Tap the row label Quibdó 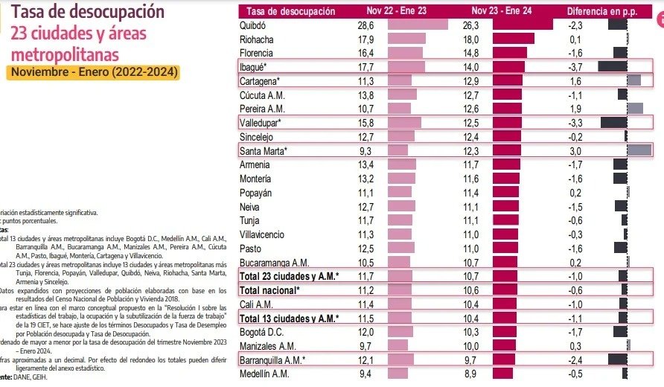coord(254,25)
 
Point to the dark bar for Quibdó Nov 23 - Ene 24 coord(522,25)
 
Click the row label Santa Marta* coord(264,151)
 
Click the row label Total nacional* coord(269,290)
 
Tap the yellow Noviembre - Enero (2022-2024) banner coord(94,72)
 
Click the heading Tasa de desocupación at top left coord(88,12)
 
